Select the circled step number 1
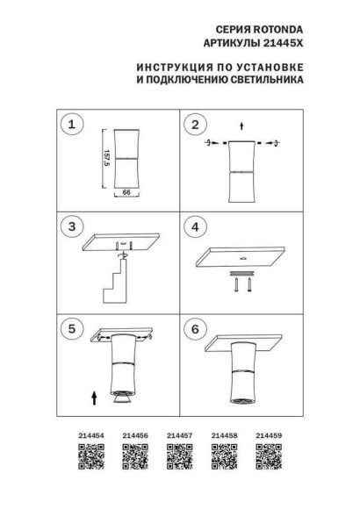pyautogui.click(x=73, y=125)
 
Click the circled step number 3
pyautogui.click(x=73, y=227)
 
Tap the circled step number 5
pyautogui.click(x=73, y=330)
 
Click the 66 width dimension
pyautogui.click(x=126, y=199)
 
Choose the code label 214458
pyautogui.click(x=223, y=434)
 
